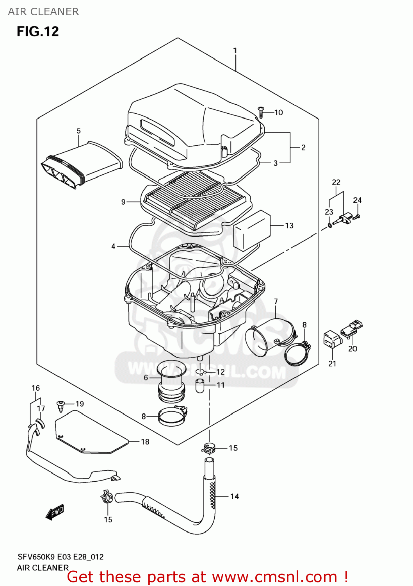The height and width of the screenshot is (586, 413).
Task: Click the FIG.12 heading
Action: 37,31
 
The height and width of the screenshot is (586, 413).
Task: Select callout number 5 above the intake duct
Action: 78,131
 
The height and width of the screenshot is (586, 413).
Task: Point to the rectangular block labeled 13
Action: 252,230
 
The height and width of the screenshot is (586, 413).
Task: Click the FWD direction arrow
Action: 55,512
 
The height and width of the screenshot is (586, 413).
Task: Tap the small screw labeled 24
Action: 357,216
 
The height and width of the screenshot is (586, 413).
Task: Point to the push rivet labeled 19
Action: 61,405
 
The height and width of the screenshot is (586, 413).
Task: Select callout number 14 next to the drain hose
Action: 234,497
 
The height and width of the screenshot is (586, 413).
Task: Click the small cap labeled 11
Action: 200,386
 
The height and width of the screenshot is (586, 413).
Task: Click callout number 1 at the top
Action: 235,50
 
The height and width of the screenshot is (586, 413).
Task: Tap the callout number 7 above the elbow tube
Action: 276,302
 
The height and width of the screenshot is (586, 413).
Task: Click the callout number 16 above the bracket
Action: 36,388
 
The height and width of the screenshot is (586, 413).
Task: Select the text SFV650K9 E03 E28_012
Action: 61,557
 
